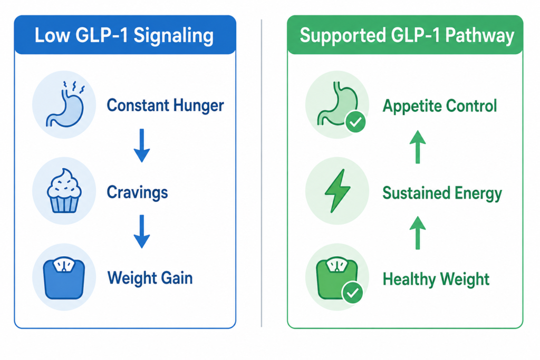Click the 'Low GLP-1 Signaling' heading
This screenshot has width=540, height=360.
pyautogui.click(x=124, y=36)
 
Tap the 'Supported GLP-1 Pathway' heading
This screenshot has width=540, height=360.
pyautogui.click(x=407, y=36)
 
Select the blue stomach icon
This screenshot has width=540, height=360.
pyautogui.click(x=65, y=104)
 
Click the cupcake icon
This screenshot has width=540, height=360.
pyautogui.click(x=64, y=190)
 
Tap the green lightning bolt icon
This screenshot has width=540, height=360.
pyautogui.click(x=337, y=191)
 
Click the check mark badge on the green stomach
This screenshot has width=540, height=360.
pyautogui.click(x=355, y=122)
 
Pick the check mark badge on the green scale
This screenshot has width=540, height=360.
pyautogui.click(x=352, y=293)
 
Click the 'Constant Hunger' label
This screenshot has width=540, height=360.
pyautogui.click(x=165, y=105)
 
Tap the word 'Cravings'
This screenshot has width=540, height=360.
pyautogui.click(x=138, y=192)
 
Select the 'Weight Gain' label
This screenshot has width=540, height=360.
pyautogui.click(x=150, y=278)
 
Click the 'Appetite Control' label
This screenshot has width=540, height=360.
pyautogui.click(x=440, y=105)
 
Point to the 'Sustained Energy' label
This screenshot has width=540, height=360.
pyautogui.click(x=442, y=193)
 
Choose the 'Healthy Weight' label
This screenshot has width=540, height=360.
pyautogui.click(x=436, y=279)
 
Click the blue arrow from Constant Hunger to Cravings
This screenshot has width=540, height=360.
pyautogui.click(x=141, y=145)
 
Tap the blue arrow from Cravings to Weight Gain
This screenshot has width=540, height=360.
pyautogui.click(x=141, y=231)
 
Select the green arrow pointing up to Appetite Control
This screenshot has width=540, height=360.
pyautogui.click(x=418, y=147)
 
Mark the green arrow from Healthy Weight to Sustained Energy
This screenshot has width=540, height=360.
pyautogui.click(x=418, y=233)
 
